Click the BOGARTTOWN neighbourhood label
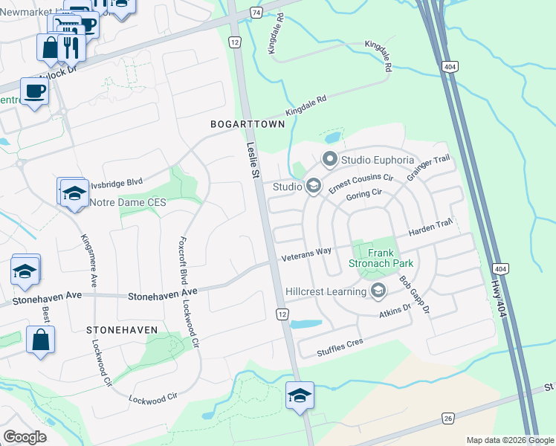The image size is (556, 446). click(x=248, y=124)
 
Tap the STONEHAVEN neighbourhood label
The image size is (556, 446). click(x=122, y=329)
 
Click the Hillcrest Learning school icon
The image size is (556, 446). click(x=378, y=291)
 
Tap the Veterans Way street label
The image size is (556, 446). click(x=306, y=253)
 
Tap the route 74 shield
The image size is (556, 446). click(x=256, y=13)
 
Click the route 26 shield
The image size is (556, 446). click(x=448, y=418)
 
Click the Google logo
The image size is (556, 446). click(x=25, y=436)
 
